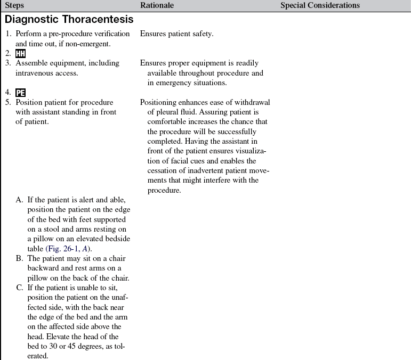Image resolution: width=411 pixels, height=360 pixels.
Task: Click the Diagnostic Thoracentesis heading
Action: pyautogui.click(x=69, y=20)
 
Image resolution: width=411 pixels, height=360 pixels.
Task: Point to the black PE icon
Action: pyautogui.click(x=21, y=92)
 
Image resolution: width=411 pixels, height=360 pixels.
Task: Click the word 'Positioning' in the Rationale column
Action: pyautogui.click(x=159, y=102)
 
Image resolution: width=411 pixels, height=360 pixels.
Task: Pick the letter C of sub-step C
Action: pyautogui.click(x=19, y=287)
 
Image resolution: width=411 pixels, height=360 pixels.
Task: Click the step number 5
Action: pyautogui.click(x=8, y=102)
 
